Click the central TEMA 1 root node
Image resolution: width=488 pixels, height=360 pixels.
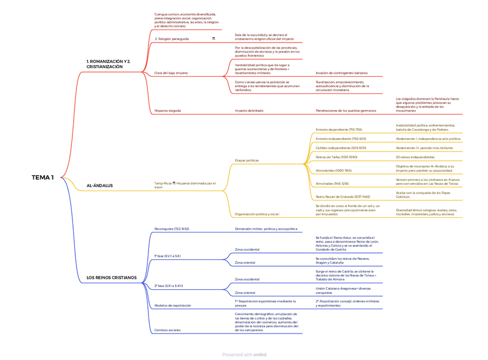pos(43,177)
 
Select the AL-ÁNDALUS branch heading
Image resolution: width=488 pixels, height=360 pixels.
pos(100,185)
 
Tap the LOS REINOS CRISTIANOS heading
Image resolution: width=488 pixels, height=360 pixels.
pos(112,278)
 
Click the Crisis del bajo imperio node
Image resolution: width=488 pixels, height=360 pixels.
pos(171,73)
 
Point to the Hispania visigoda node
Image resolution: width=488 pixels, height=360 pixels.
pos(167,110)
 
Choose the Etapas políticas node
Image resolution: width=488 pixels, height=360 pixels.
pos(247,160)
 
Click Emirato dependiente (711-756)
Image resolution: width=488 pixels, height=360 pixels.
pos(339,130)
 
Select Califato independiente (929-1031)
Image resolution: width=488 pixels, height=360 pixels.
pos(341,147)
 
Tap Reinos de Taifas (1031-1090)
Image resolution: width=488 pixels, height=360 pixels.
pos(337,157)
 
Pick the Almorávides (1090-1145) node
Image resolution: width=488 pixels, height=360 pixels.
pos(334,170)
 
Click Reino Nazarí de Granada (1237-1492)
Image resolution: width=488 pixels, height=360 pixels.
pos(343,196)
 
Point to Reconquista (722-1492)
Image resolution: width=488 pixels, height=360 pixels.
pos(171,229)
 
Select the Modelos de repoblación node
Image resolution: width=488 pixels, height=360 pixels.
pos(173,305)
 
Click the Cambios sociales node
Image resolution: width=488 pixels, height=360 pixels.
pos(167,330)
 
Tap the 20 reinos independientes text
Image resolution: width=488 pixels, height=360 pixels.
pos(415,157)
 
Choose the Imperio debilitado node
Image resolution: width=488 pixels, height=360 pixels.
pos(249,110)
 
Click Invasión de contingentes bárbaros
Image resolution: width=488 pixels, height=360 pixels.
pos(341,73)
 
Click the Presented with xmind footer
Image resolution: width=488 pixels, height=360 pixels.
pos(244,355)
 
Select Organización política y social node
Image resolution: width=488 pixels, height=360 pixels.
pos(257,214)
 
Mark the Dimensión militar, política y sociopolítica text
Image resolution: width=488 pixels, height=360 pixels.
pos(266,229)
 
